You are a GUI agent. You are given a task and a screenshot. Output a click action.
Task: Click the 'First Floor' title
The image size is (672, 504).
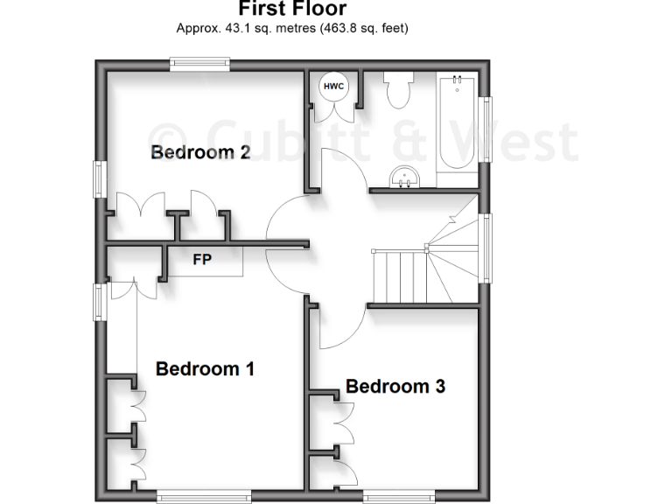coord(292,10)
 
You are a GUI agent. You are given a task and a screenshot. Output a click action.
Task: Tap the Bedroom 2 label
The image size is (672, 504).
coord(200,152)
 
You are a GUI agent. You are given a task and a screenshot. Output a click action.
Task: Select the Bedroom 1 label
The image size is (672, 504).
coord(205,368)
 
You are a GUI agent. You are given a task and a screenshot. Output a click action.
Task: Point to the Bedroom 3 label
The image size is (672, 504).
coord(395,386)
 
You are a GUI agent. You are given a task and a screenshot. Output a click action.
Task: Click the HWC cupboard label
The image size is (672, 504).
coord(333,86)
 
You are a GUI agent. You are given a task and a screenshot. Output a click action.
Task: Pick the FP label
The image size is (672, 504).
coord(202,259)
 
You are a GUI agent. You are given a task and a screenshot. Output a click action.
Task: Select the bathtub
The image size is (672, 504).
coord(456,122)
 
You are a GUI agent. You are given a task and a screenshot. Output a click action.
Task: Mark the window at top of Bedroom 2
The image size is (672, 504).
coord(199,61)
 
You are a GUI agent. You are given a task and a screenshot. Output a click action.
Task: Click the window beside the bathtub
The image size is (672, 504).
coord(486,129)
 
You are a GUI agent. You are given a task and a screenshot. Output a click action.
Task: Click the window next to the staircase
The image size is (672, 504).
coord(486,248)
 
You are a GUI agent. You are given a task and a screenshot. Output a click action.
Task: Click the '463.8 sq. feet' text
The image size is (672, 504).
coord(362,28)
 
